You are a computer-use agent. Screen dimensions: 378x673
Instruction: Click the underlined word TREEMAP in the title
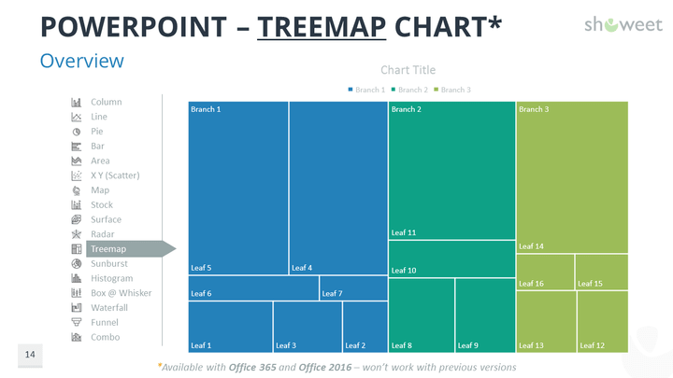tap(322, 26)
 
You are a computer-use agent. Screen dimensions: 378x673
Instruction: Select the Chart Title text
tap(408, 70)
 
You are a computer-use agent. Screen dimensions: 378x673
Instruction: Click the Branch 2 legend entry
tap(410, 90)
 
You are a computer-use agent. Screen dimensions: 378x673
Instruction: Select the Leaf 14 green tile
tap(571, 177)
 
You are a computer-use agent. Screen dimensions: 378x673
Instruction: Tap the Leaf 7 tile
tap(352, 287)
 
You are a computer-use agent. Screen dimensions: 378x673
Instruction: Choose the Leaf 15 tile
tap(601, 272)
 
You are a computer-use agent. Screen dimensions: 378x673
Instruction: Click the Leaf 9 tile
tap(485, 316)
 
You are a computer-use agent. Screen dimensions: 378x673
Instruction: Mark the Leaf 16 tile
tap(545, 272)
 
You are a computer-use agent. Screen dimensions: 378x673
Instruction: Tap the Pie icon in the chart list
tap(77, 132)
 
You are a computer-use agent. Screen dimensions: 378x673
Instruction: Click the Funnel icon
tap(77, 322)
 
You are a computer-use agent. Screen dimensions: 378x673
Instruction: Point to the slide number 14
tap(30, 355)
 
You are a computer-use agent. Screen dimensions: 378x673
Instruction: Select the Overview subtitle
tap(81, 61)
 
